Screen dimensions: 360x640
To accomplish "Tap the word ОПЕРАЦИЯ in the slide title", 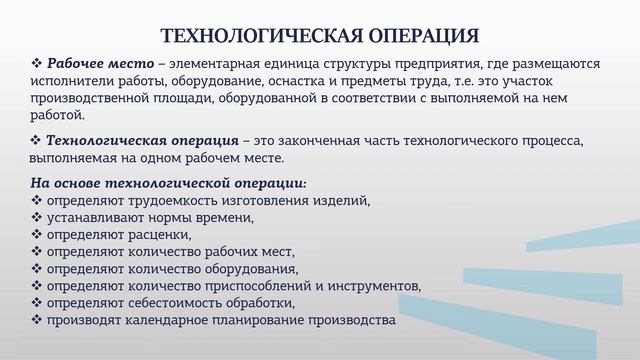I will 413,38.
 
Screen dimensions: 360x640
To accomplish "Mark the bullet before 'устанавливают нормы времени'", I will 37,218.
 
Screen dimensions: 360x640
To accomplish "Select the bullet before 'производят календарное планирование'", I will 37,320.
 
